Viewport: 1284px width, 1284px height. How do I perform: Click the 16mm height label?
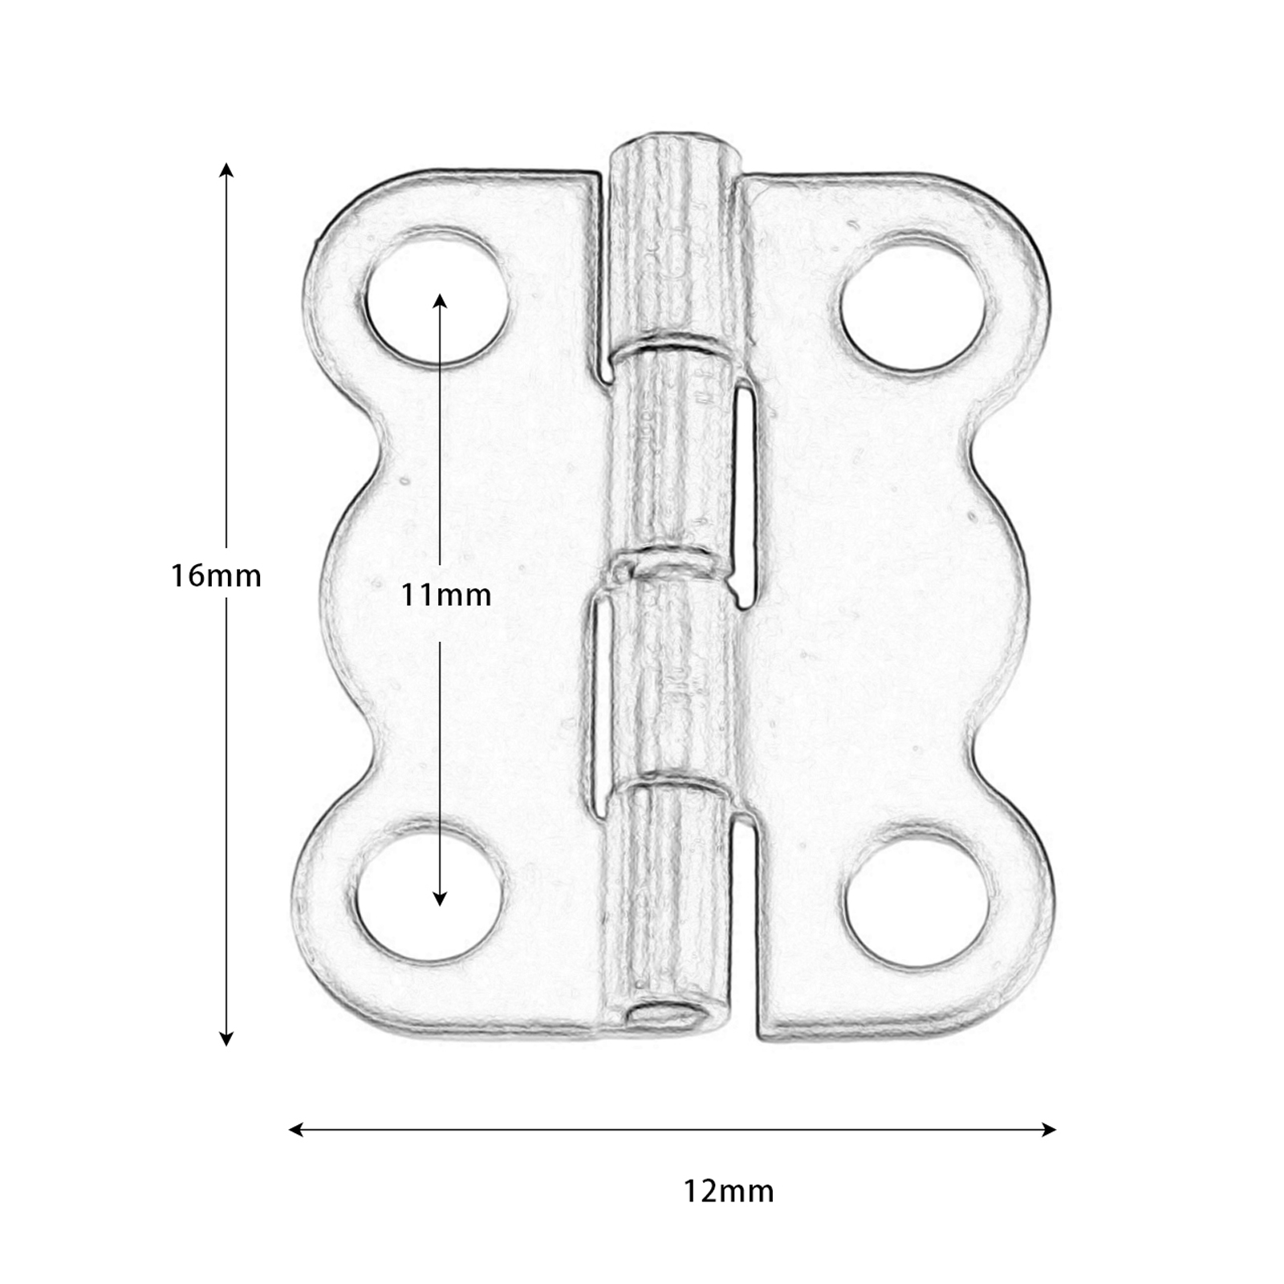coord(216,576)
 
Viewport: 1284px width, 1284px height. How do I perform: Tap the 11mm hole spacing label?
coord(446,595)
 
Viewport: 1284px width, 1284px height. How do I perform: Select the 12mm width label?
coord(729,1191)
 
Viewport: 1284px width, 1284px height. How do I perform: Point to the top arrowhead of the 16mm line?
coord(226,169)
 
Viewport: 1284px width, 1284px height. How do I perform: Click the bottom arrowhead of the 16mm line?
coord(226,1038)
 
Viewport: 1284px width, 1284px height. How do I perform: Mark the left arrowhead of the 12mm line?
coord(295,1130)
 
